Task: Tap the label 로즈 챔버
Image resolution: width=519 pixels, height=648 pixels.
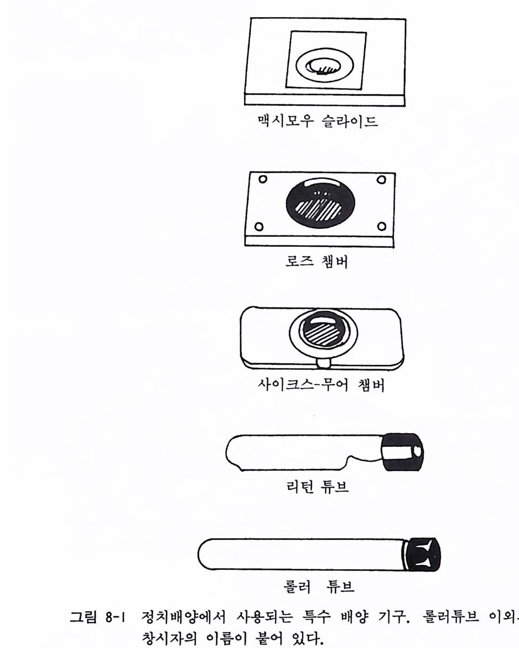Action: coord(317,261)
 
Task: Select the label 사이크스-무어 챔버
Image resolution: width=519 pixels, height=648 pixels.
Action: coord(321,385)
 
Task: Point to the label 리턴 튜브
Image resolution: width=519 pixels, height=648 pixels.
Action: coord(317,486)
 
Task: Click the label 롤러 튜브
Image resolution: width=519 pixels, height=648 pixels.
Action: coord(318,586)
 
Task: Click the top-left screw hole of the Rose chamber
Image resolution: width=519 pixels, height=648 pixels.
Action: coord(262,180)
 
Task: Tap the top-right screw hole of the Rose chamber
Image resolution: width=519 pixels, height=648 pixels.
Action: coord(381,180)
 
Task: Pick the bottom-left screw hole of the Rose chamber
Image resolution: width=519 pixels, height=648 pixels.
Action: coord(259,226)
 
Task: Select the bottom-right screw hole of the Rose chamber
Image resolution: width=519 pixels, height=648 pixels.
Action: coord(382,226)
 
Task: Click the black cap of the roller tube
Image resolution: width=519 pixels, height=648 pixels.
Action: coord(422,554)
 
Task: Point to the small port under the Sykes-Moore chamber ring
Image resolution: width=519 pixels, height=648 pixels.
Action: coord(323,363)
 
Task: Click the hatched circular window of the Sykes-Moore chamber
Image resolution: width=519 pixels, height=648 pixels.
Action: coord(323,331)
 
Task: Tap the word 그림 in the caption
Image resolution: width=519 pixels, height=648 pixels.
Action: coord(84,618)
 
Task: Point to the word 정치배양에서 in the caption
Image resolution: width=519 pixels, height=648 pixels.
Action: coord(184,618)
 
